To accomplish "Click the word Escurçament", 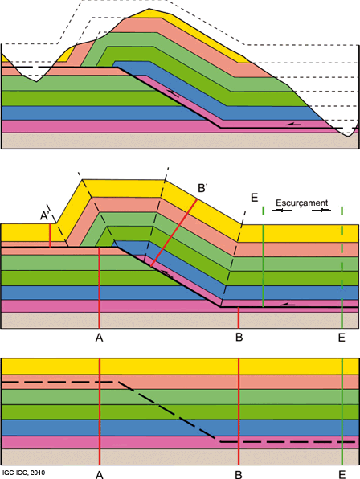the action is point(301,203).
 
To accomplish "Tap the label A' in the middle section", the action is point(45,216).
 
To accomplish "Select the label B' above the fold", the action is point(202,188).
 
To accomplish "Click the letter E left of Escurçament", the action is point(255,198).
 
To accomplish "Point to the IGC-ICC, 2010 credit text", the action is point(22,473).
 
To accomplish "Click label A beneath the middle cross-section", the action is point(99,338).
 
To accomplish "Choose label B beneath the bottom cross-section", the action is point(239,475).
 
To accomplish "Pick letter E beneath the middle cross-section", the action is point(342,338).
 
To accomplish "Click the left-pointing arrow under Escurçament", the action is point(282,211).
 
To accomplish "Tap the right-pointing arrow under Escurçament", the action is point(321,211).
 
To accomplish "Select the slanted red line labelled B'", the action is point(174,233).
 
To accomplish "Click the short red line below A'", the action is point(50,235).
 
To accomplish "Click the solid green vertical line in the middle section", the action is point(264,256).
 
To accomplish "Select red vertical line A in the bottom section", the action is point(100,411).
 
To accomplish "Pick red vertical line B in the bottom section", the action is point(239,411).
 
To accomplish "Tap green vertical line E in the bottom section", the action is point(342,411).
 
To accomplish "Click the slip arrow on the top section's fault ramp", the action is point(173,93).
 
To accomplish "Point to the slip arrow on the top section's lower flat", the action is point(293,124).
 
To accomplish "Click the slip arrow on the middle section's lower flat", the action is point(288,304).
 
